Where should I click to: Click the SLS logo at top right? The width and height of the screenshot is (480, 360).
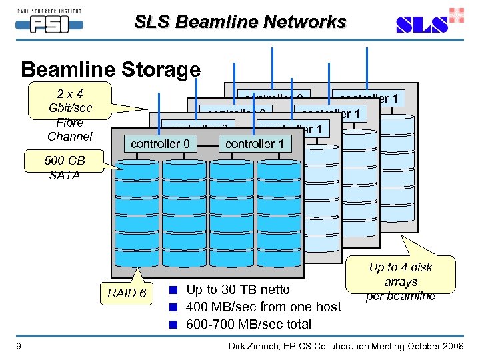[x=427, y=23]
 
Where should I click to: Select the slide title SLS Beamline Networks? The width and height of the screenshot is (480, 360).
[x=240, y=22]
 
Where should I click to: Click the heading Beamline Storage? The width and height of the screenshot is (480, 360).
[x=111, y=69]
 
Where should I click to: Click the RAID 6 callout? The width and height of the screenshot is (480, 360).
[x=127, y=293]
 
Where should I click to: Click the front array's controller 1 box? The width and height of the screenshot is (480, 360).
[x=255, y=144]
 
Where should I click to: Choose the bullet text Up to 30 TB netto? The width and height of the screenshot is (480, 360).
[x=238, y=289]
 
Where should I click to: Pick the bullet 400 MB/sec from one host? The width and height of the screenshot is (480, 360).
[x=263, y=307]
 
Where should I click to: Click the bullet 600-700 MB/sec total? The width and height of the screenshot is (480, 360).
[x=249, y=324]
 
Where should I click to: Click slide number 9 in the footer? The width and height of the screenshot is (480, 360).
[x=17, y=345]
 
